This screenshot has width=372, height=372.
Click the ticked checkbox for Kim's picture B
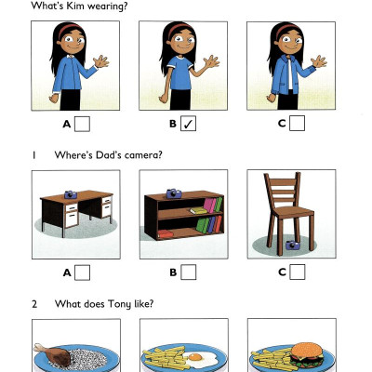189,123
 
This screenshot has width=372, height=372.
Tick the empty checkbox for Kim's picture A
82,123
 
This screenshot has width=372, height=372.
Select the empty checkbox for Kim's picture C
297,123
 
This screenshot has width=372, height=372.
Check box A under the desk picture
82,272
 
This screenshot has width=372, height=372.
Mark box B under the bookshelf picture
189,272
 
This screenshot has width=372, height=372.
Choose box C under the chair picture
297,272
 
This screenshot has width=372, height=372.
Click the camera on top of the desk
70,193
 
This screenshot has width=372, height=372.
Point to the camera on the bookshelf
172,193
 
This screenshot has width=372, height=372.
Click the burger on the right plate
305,354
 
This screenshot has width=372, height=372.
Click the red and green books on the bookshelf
213,204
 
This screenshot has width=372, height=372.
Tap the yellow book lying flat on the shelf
198,210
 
